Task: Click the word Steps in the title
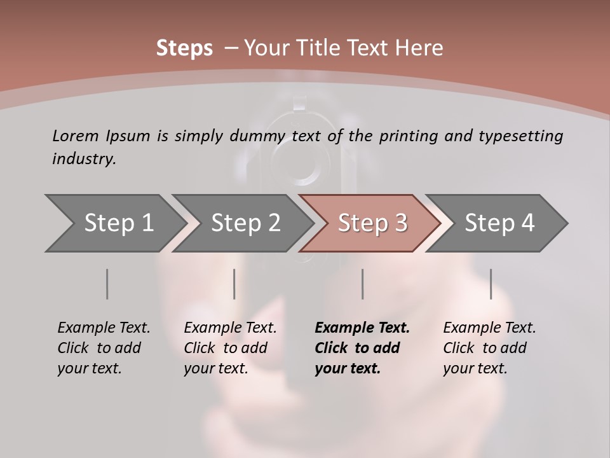pos(184,48)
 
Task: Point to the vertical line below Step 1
pos(107,284)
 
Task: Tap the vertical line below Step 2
pos(234,284)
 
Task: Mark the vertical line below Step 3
pos(363,284)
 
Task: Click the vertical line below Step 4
pos(491,284)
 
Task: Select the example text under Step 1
pos(104,348)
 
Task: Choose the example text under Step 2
pos(230,348)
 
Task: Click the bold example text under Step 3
pos(362,348)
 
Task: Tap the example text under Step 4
pos(489,348)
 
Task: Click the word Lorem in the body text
pos(75,135)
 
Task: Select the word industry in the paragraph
pos(84,159)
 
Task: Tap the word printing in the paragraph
pos(407,136)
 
